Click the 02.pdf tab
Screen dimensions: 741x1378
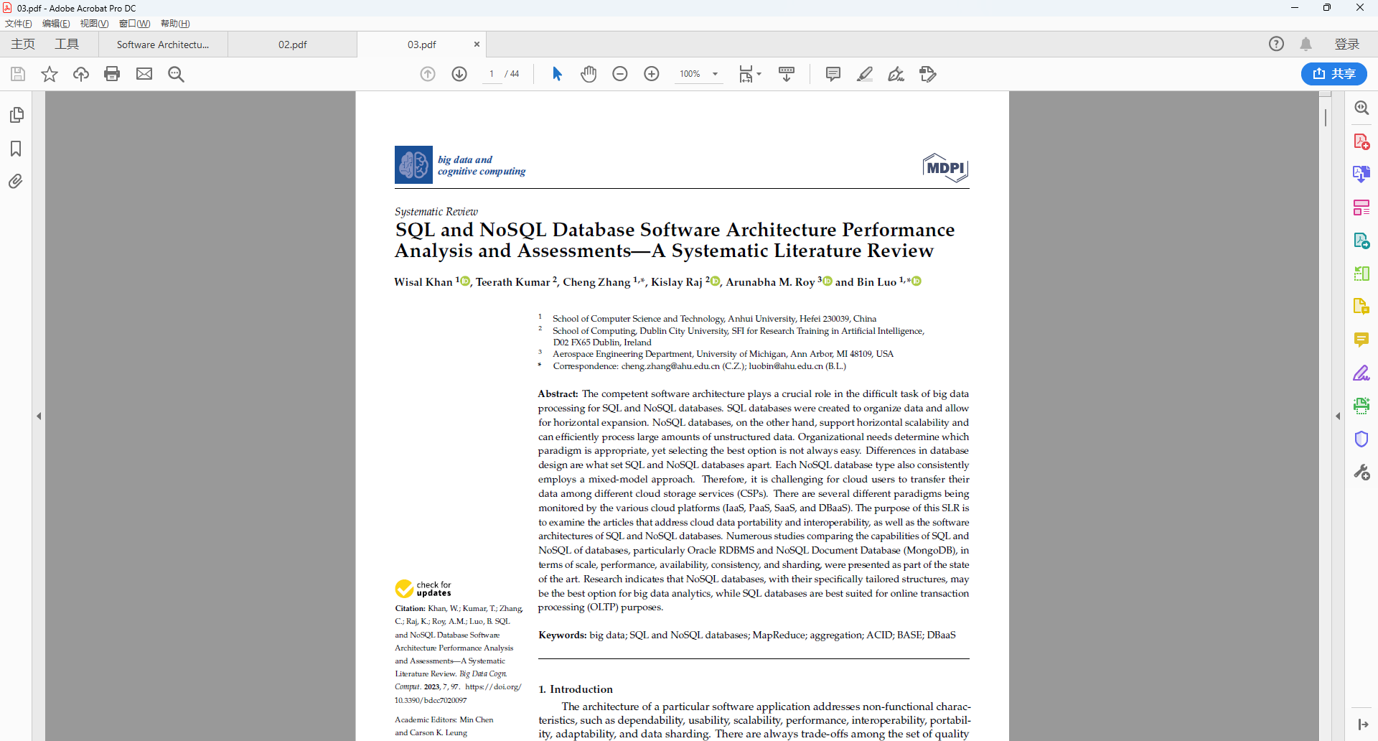(292, 45)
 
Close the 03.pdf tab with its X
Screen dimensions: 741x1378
(477, 45)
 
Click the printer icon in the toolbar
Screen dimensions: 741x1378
(112, 74)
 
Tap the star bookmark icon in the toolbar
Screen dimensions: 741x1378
(50, 74)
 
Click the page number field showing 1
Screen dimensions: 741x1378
(492, 74)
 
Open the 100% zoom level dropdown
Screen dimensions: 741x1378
(715, 74)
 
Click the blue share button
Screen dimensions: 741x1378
(1334, 74)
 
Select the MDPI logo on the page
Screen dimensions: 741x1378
(945, 168)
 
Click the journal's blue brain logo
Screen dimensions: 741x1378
(413, 164)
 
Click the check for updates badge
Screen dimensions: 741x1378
(423, 589)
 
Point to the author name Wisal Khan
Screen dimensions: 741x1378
(423, 282)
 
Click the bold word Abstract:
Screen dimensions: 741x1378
(558, 394)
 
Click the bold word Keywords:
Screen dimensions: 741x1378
(562, 635)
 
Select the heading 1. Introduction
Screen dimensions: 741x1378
(576, 689)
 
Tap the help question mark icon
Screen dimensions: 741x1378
(1276, 44)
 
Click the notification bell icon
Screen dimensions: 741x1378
(1306, 44)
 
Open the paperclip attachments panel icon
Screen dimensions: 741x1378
(16, 182)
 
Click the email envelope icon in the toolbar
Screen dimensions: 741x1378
(144, 74)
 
